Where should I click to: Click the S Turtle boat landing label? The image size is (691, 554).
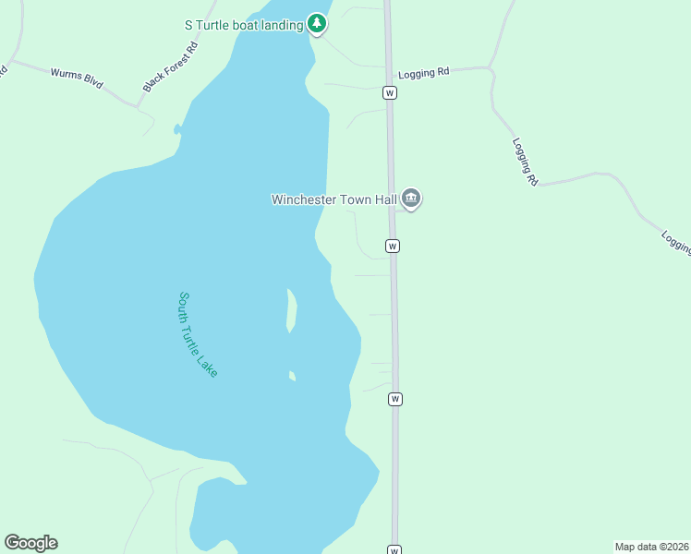tap(244, 26)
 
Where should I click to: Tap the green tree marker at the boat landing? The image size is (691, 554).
tap(317, 23)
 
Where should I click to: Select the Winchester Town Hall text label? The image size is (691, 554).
tap(334, 199)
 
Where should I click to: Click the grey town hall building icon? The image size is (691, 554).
tap(412, 199)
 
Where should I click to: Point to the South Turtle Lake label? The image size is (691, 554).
tap(198, 334)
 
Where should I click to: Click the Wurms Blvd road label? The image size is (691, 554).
tap(76, 78)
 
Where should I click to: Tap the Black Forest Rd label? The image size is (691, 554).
tap(170, 66)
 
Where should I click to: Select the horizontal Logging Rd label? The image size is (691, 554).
tap(423, 73)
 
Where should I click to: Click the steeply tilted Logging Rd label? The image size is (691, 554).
tap(525, 163)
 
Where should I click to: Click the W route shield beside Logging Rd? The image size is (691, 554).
tap(390, 92)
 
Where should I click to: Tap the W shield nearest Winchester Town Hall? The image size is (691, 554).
tap(393, 247)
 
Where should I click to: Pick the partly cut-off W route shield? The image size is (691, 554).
tap(394, 550)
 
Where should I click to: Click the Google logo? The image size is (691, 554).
tap(30, 543)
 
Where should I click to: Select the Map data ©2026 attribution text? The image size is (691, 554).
tap(651, 547)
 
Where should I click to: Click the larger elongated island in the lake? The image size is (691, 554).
tap(292, 311)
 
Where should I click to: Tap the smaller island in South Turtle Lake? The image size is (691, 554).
tap(292, 376)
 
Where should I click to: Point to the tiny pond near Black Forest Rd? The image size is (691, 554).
tap(176, 130)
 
